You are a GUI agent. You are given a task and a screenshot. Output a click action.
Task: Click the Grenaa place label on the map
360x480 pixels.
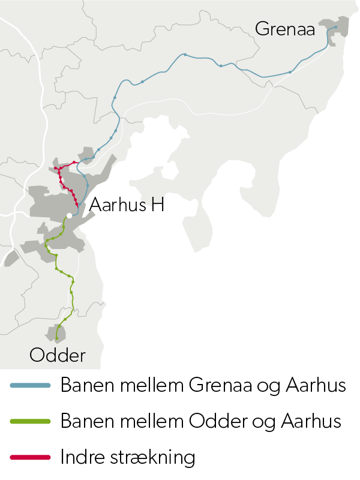[x=285, y=29]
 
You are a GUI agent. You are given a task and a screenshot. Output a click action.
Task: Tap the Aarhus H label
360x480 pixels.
[x=127, y=206]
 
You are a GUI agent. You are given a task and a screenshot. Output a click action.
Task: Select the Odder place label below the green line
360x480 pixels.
[x=58, y=355]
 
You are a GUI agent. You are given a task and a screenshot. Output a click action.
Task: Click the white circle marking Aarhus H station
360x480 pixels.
[x=70, y=215]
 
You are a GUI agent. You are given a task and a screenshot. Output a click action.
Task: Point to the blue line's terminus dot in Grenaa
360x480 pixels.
[x=336, y=27]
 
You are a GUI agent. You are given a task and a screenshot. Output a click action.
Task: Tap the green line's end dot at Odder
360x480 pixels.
[x=57, y=338]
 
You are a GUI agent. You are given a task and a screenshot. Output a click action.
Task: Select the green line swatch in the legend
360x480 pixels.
[x=30, y=422]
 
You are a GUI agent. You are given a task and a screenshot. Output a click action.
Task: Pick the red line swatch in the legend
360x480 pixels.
[x=30, y=458]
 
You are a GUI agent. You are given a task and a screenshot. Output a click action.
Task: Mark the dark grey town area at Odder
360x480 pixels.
[x=56, y=333]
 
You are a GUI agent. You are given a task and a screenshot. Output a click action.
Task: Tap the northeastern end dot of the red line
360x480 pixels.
[x=74, y=162]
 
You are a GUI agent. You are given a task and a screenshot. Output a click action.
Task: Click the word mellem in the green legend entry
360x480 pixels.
[x=151, y=421]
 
